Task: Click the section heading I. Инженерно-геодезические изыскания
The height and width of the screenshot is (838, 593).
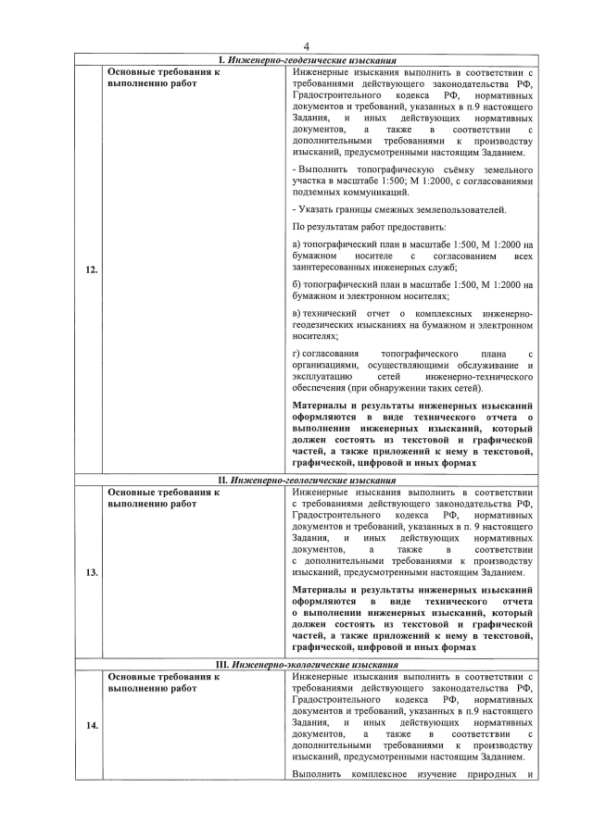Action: (x=306, y=60)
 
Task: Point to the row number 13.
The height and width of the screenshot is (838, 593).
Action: (x=91, y=572)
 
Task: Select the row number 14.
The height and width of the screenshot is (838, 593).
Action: (x=91, y=726)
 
